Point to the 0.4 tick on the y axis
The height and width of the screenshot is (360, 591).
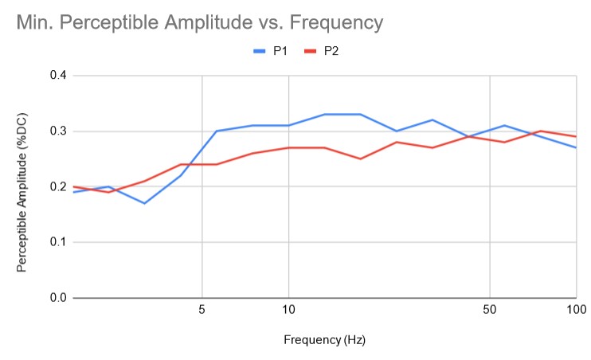[57, 76]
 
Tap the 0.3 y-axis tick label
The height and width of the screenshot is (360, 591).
[57, 131]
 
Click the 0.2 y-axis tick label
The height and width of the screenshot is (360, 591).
[57, 187]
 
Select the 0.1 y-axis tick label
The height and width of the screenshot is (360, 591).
[57, 242]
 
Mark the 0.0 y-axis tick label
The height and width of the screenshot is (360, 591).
[57, 298]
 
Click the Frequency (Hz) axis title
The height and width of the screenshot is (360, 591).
[324, 340]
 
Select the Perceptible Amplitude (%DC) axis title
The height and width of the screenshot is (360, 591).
[23, 187]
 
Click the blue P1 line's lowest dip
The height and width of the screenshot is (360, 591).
[144, 203]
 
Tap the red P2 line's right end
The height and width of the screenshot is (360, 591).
[576, 137]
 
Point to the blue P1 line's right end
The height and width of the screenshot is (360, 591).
[576, 147]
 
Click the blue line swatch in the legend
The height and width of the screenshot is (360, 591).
[260, 51]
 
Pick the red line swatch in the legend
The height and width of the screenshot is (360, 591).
[311, 51]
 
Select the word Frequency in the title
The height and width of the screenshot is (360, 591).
[335, 22]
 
